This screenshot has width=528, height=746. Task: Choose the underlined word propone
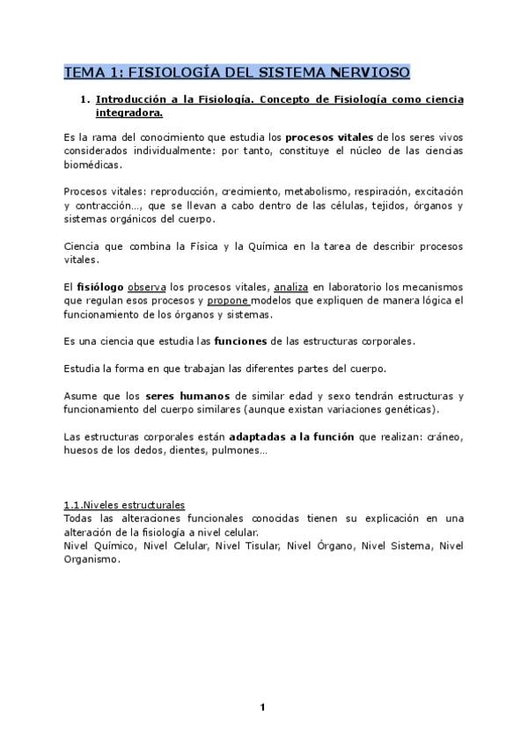[x=228, y=301]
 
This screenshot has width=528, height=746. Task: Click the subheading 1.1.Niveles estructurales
[x=123, y=505]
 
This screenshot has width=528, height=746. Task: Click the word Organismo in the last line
[x=91, y=559]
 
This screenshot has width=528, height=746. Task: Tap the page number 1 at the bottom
[x=262, y=707]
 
